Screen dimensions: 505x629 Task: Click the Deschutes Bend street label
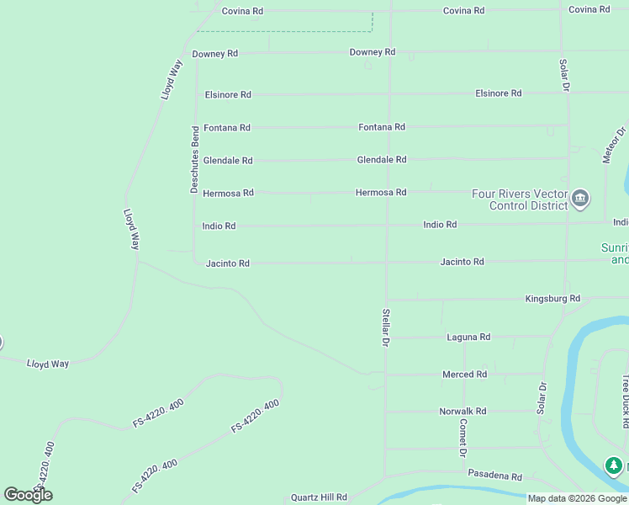[195, 160]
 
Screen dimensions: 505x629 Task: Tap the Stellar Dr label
[386, 327]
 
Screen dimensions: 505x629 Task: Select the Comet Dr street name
[462, 438]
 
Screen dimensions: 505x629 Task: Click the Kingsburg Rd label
[552, 299]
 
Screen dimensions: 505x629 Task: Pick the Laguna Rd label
[468, 337]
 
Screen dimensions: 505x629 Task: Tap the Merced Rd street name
[464, 375]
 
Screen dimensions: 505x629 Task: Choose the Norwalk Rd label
[462, 412]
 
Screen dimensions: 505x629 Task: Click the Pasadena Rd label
[495, 476]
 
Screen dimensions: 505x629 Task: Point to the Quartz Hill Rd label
[319, 497]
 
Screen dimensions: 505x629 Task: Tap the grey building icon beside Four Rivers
[580, 199]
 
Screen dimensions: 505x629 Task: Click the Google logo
[28, 495]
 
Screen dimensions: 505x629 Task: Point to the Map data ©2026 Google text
[577, 498]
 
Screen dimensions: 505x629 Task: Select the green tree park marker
[615, 465]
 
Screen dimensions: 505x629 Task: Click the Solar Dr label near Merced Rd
[542, 397]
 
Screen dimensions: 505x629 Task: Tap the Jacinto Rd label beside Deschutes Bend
[228, 263]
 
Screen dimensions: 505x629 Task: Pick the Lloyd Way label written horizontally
[48, 364]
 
